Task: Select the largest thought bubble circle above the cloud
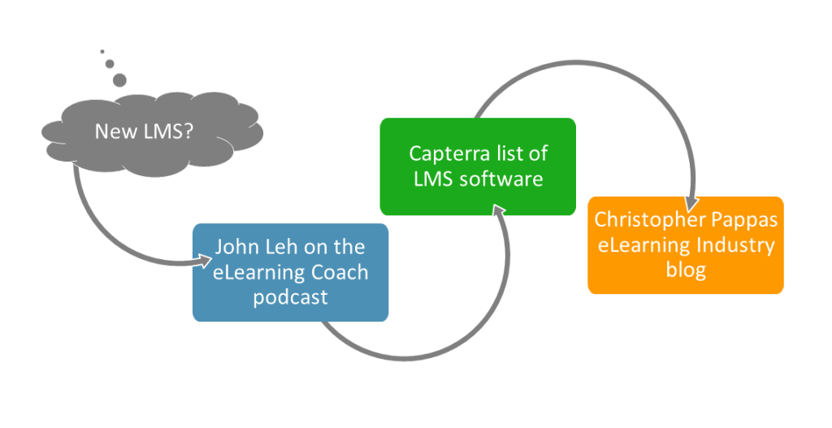click(119, 80)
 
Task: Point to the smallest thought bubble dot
click(102, 51)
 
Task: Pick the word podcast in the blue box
click(290, 297)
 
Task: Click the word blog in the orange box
click(686, 270)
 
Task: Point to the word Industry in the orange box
click(734, 244)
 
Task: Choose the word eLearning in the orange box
click(643, 244)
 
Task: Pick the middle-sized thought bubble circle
click(110, 63)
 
